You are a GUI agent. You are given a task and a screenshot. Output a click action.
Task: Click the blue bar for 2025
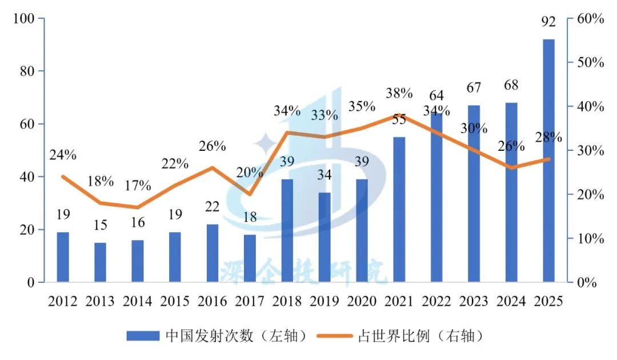(548, 160)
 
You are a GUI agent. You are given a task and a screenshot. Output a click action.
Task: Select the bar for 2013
(100, 262)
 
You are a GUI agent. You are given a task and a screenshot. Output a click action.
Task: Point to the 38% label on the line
(399, 93)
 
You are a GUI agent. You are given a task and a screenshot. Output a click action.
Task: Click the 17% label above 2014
(138, 186)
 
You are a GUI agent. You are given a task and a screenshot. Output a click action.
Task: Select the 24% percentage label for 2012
(63, 155)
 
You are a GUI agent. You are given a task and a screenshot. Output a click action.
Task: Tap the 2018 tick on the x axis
(287, 301)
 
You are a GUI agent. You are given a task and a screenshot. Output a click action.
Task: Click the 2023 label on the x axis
(474, 301)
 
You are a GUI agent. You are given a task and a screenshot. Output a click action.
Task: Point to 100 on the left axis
(25, 19)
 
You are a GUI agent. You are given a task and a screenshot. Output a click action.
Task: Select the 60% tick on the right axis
(590, 19)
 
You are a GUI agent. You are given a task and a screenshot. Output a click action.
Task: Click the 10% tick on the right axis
(590, 239)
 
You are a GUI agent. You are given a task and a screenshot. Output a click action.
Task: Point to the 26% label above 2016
(212, 146)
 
